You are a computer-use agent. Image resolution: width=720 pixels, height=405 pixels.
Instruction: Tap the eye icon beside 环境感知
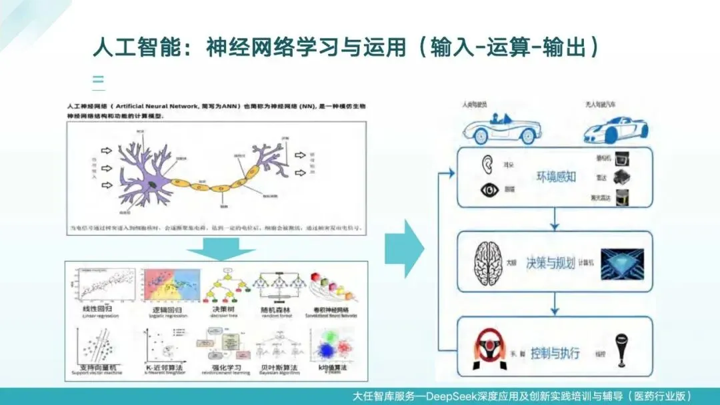490,190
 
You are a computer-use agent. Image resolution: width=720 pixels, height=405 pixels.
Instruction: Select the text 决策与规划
551,262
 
